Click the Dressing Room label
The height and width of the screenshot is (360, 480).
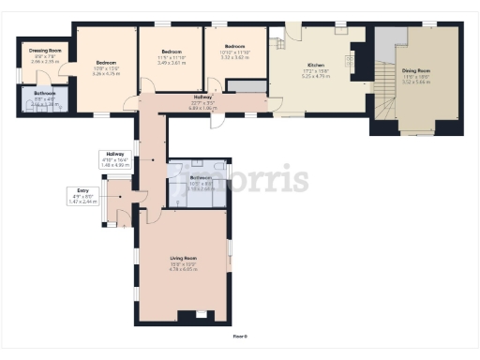[x=44, y=50]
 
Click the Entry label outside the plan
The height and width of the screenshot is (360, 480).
[x=83, y=190]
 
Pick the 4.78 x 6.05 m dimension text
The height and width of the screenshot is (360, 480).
[x=183, y=269]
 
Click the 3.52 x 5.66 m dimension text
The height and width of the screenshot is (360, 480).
[x=417, y=82]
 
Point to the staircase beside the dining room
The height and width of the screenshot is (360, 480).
[x=384, y=94]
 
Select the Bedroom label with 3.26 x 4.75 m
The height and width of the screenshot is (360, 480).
[x=106, y=63]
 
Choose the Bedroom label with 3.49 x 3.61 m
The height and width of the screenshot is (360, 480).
[x=171, y=52]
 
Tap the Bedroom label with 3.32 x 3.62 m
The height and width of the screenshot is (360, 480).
[x=233, y=46]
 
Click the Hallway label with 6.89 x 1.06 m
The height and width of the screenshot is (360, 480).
[x=202, y=97]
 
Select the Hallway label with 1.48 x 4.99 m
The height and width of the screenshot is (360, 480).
[x=114, y=154]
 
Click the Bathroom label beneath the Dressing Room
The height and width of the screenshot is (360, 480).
[x=44, y=94]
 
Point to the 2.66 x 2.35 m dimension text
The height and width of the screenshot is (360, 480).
[x=44, y=61]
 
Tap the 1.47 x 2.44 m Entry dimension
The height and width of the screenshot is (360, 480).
[x=83, y=202]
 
